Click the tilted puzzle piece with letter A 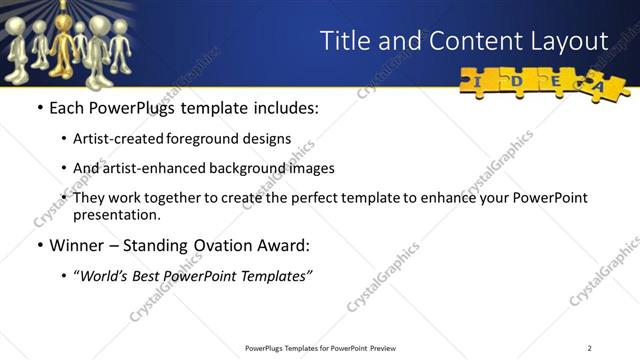tap(601, 88)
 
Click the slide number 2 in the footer tap(590, 347)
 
